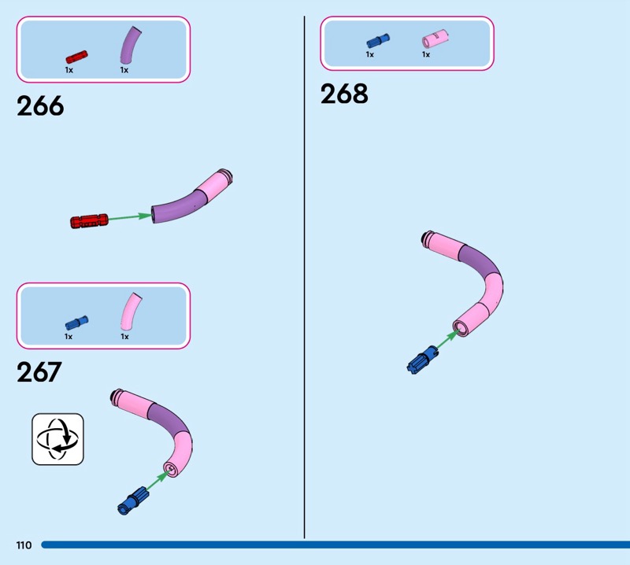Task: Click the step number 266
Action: pos(40,106)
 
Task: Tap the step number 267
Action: pos(39,371)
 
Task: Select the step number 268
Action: pos(344,94)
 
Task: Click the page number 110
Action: pos(22,545)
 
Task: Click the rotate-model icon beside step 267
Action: pos(57,438)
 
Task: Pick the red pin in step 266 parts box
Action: pos(76,57)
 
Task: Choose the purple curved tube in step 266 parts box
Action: pos(130,46)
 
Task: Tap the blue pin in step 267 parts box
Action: pos(76,322)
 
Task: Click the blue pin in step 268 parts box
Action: pos(377,41)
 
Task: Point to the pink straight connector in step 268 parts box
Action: pos(433,39)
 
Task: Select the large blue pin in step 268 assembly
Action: pos(422,360)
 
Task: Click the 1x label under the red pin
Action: pos(69,70)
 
